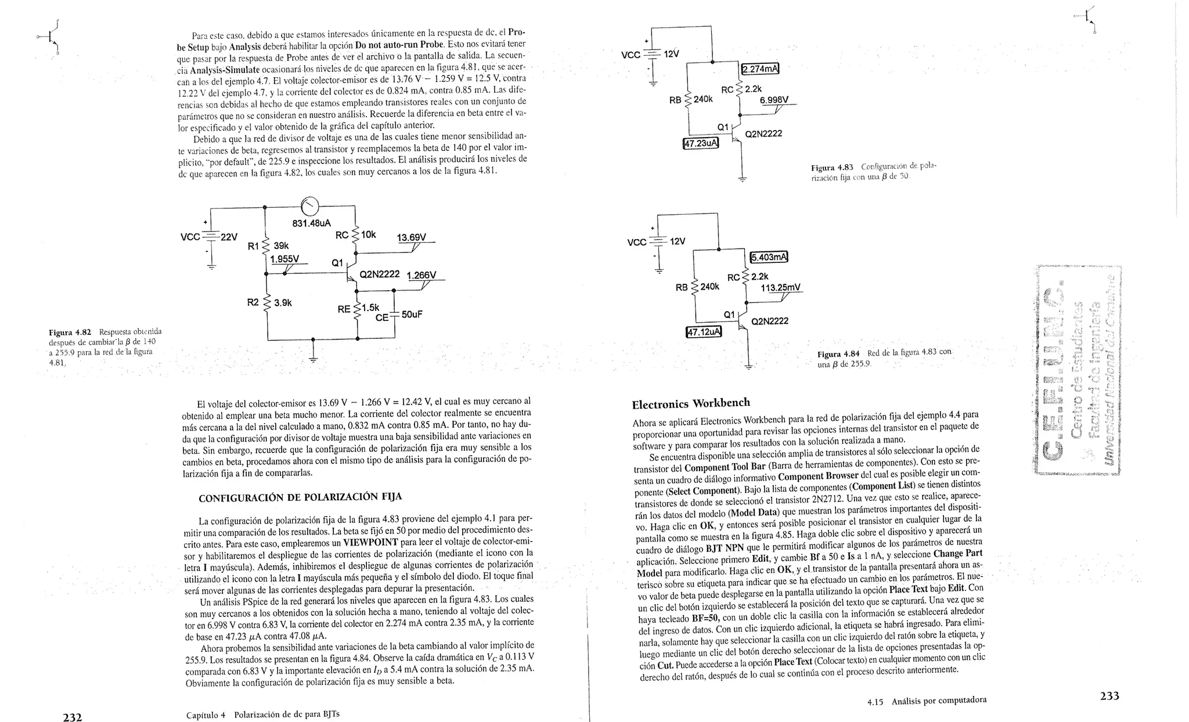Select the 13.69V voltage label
[411, 237]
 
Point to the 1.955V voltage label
[284, 258]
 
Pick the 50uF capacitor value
[412, 315]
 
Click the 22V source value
[229, 237]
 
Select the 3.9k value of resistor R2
[283, 302]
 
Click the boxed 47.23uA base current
[701, 143]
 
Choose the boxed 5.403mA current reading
[769, 257]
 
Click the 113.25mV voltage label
[780, 287]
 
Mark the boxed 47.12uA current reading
[704, 332]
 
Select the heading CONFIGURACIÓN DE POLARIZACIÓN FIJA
[300, 497]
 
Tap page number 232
[72, 717]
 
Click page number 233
[1109, 696]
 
